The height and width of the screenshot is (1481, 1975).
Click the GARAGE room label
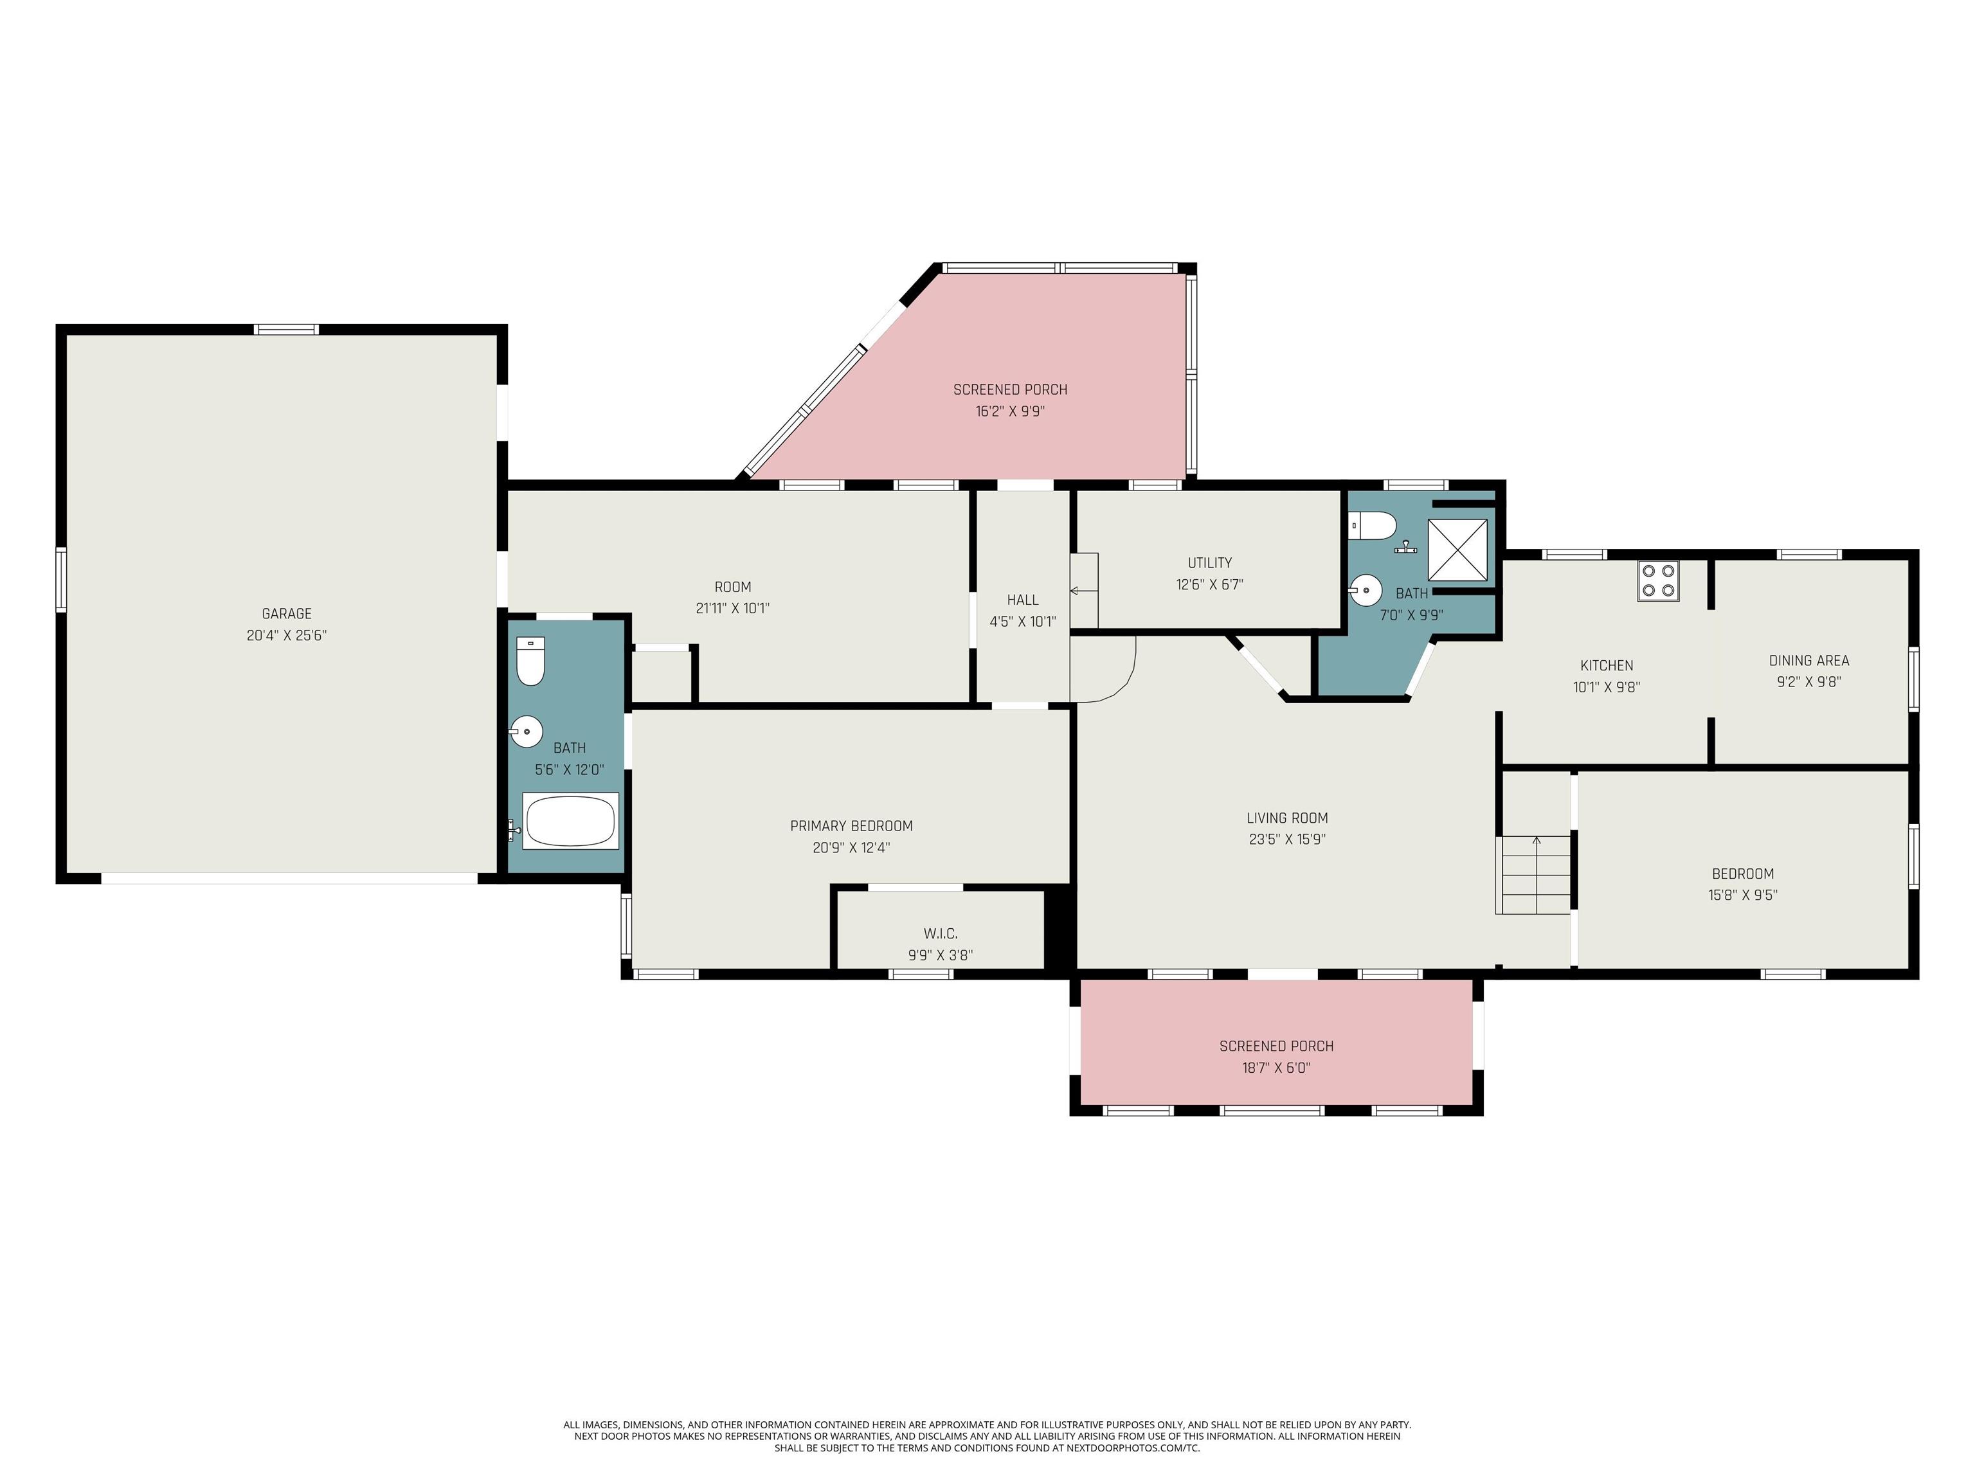tap(287, 613)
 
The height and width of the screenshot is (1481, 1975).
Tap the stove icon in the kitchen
tap(1658, 580)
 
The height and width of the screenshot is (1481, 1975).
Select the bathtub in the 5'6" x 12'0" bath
tap(570, 820)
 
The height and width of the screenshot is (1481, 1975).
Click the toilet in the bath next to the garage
tap(531, 661)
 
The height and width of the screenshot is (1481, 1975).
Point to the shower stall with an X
tap(1457, 550)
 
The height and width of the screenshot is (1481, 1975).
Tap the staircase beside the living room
tap(1534, 874)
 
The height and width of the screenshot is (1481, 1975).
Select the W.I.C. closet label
tap(940, 933)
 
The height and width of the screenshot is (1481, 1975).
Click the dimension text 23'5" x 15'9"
tap(1286, 839)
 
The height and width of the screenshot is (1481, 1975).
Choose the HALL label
tap(1022, 600)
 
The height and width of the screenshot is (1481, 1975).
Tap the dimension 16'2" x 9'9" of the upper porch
tap(1010, 411)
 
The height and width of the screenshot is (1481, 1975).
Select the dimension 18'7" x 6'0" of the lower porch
tap(1276, 1068)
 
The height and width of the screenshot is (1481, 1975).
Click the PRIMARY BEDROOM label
tap(851, 826)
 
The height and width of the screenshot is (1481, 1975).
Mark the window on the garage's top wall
tap(287, 329)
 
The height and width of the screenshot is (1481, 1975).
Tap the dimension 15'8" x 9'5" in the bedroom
tap(1742, 895)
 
